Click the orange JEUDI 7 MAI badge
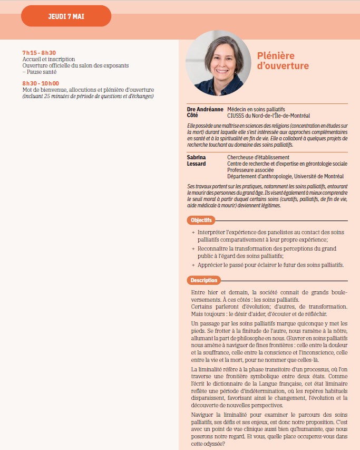(x=66, y=16)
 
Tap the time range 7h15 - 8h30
(x=39, y=53)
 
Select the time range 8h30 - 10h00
(x=41, y=83)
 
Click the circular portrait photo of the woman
(x=218, y=63)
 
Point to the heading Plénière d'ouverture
(x=283, y=61)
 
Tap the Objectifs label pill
(x=201, y=220)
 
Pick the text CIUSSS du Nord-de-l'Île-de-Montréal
(x=268, y=115)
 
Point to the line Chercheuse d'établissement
(x=258, y=157)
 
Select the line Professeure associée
(x=250, y=170)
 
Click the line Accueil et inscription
(x=48, y=59)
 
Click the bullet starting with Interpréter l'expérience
(x=269, y=235)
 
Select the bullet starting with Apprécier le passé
(x=270, y=264)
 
